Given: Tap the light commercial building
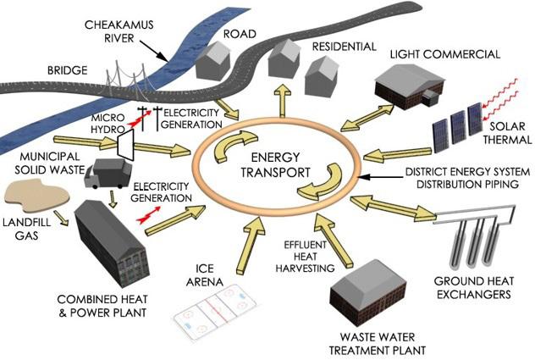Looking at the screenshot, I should (412, 91).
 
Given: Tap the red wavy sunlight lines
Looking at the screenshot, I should (505, 96).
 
